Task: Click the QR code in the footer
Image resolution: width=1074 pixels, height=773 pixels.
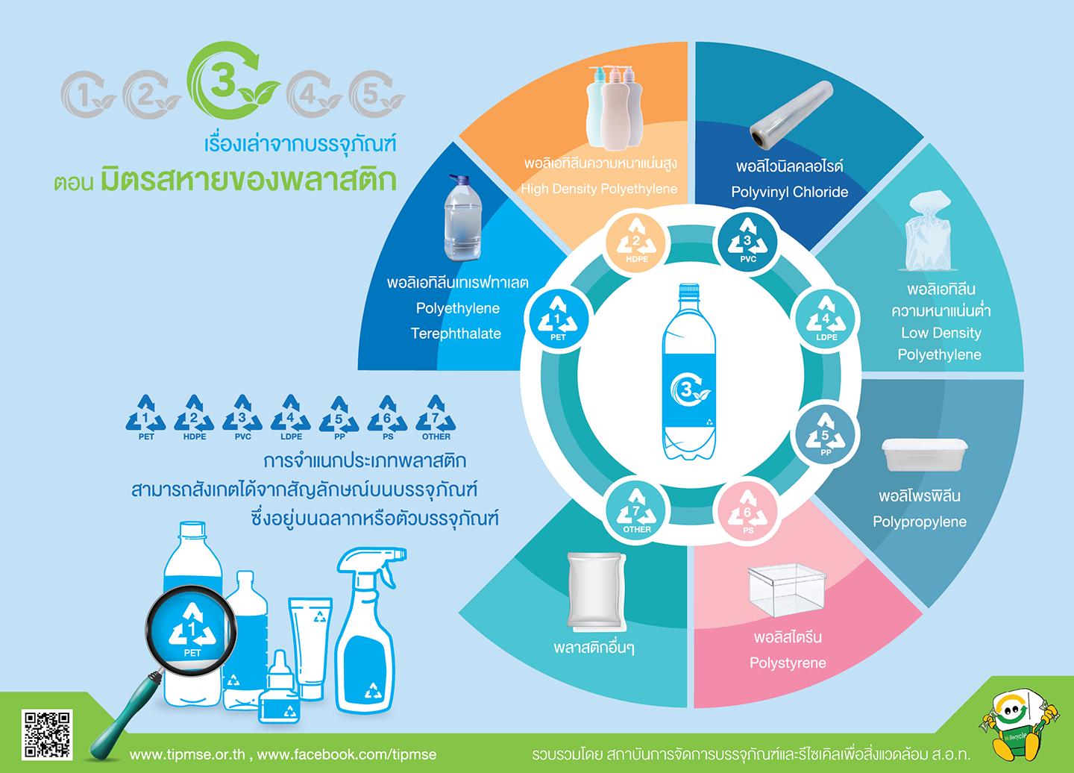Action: pos(47,734)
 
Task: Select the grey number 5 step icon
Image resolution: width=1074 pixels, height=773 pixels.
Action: pos(377,95)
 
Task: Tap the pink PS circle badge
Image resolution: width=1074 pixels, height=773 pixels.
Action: pos(747,512)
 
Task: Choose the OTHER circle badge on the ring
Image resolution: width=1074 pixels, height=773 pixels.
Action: pos(636,512)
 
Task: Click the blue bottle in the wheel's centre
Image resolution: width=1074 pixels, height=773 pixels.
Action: pos(689,372)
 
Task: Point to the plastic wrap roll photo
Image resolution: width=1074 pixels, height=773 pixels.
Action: pos(791,114)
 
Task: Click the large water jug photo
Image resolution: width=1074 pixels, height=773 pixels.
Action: pos(462,218)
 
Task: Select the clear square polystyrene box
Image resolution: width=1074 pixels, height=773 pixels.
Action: pos(786,589)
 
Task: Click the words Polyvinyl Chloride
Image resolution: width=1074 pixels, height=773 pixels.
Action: pos(790,192)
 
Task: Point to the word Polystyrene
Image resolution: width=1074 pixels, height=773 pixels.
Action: pos(788,663)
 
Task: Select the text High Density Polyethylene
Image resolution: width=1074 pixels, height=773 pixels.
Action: pos(599,189)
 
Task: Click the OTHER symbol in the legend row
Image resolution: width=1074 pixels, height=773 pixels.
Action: pos(436,417)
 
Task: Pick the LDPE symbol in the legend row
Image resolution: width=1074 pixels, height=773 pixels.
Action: pos(291,417)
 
